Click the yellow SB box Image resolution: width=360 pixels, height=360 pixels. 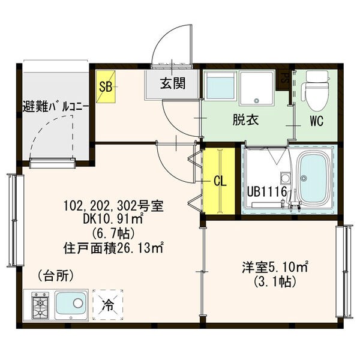click(106, 86)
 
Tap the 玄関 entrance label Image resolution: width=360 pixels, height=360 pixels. click(173, 83)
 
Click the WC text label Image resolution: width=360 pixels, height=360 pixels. click(317, 121)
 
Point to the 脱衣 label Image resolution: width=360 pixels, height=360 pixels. click(245, 119)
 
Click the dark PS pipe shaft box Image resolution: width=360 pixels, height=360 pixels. click(283, 79)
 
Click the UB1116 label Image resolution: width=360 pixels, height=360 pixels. click(267, 191)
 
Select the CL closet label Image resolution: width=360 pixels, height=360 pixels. click(220, 181)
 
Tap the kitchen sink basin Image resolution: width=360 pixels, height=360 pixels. click(71, 304)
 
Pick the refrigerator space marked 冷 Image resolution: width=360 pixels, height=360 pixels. click(107, 304)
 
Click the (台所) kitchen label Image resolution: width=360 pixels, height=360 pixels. click(56, 275)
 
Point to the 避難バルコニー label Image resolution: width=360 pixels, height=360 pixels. click(55, 107)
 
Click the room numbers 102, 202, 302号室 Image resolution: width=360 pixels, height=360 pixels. click(113, 206)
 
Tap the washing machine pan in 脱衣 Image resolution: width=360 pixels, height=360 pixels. click(256, 88)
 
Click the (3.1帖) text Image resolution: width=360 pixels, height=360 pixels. click(274, 281)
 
